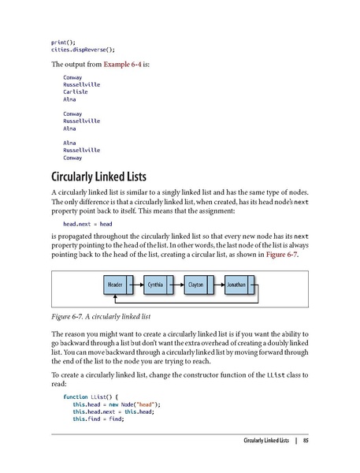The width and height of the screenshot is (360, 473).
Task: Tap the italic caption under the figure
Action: (x=101, y=316)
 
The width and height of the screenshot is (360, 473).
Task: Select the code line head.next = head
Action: (x=88, y=223)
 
